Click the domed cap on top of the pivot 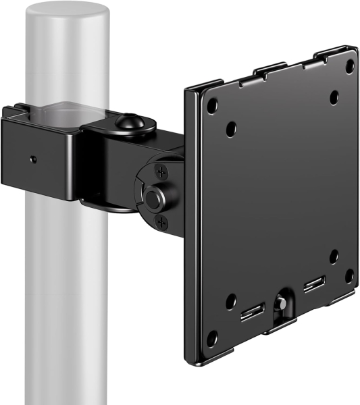pyautogui.click(x=127, y=123)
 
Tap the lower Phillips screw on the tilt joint pyautogui.click(x=160, y=221)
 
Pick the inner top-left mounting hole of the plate pyautogui.click(x=231, y=127)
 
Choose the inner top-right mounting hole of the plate pyautogui.click(x=334, y=97)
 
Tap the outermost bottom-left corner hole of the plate pyautogui.click(x=212, y=337)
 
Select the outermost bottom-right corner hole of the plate pyautogui.click(x=349, y=275)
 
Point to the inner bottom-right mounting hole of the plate pyautogui.click(x=334, y=256)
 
